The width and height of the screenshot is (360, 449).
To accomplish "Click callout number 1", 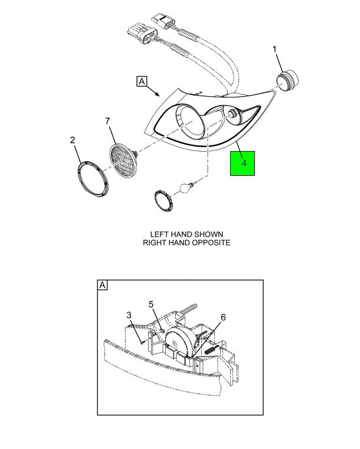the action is (274, 50).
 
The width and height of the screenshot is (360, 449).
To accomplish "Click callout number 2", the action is (73, 140).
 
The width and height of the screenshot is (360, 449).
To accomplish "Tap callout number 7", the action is (107, 121).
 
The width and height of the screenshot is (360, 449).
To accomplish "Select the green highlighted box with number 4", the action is (243, 163).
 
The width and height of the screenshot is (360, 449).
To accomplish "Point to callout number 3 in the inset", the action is (129, 315).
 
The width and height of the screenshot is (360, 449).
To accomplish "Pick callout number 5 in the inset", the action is (151, 304).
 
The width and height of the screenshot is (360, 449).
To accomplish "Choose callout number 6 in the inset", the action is (223, 317).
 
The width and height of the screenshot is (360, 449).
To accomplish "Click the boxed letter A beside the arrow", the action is (142, 81).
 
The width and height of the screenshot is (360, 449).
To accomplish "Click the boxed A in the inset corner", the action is (103, 285).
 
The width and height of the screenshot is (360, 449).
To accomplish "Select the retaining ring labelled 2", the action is (93, 179).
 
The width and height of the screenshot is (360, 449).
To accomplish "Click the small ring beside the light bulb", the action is (164, 201).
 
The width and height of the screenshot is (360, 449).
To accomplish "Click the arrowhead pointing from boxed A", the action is (157, 94).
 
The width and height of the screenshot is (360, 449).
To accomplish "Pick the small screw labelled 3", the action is (142, 342).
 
